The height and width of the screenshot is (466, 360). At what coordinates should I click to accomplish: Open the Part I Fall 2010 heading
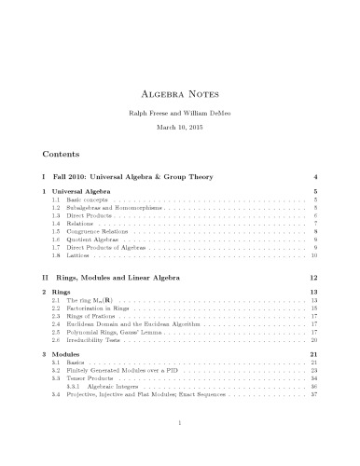[131, 175]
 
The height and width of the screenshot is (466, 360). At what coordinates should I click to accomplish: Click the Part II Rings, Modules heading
[140, 278]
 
